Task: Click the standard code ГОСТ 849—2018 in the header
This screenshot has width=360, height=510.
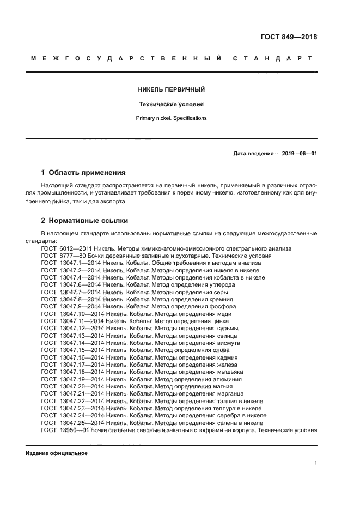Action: [x=289, y=37]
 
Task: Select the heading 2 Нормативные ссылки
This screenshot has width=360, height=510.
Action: [x=84, y=221]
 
